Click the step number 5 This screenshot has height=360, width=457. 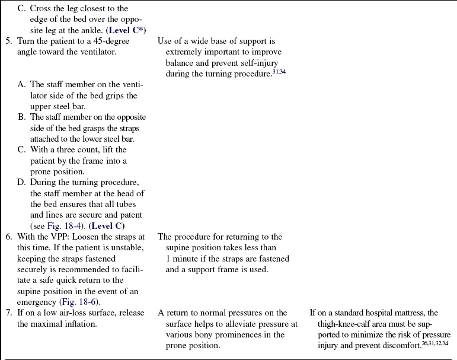8,41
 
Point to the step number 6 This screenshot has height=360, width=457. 8,237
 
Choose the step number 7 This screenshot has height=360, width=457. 8,313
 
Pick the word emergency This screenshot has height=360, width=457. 36,301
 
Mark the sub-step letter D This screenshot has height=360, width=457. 21,182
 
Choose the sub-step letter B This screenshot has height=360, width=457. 21,117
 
